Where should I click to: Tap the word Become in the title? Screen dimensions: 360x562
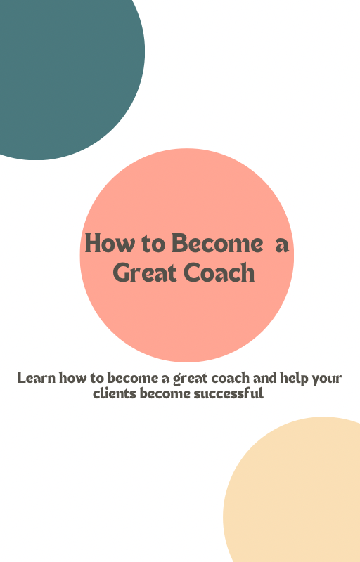(217, 243)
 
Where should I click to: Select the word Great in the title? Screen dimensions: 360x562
(146, 273)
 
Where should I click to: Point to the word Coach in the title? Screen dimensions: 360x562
(219, 273)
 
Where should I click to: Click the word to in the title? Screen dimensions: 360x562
(154, 244)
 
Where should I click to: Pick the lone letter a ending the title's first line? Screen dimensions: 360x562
(282, 245)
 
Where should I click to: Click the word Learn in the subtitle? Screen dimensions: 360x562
(37, 378)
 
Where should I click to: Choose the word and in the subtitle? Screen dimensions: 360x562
(264, 378)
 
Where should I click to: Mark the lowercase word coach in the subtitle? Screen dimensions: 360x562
(230, 378)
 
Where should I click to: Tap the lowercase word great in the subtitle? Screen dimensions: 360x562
(190, 379)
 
